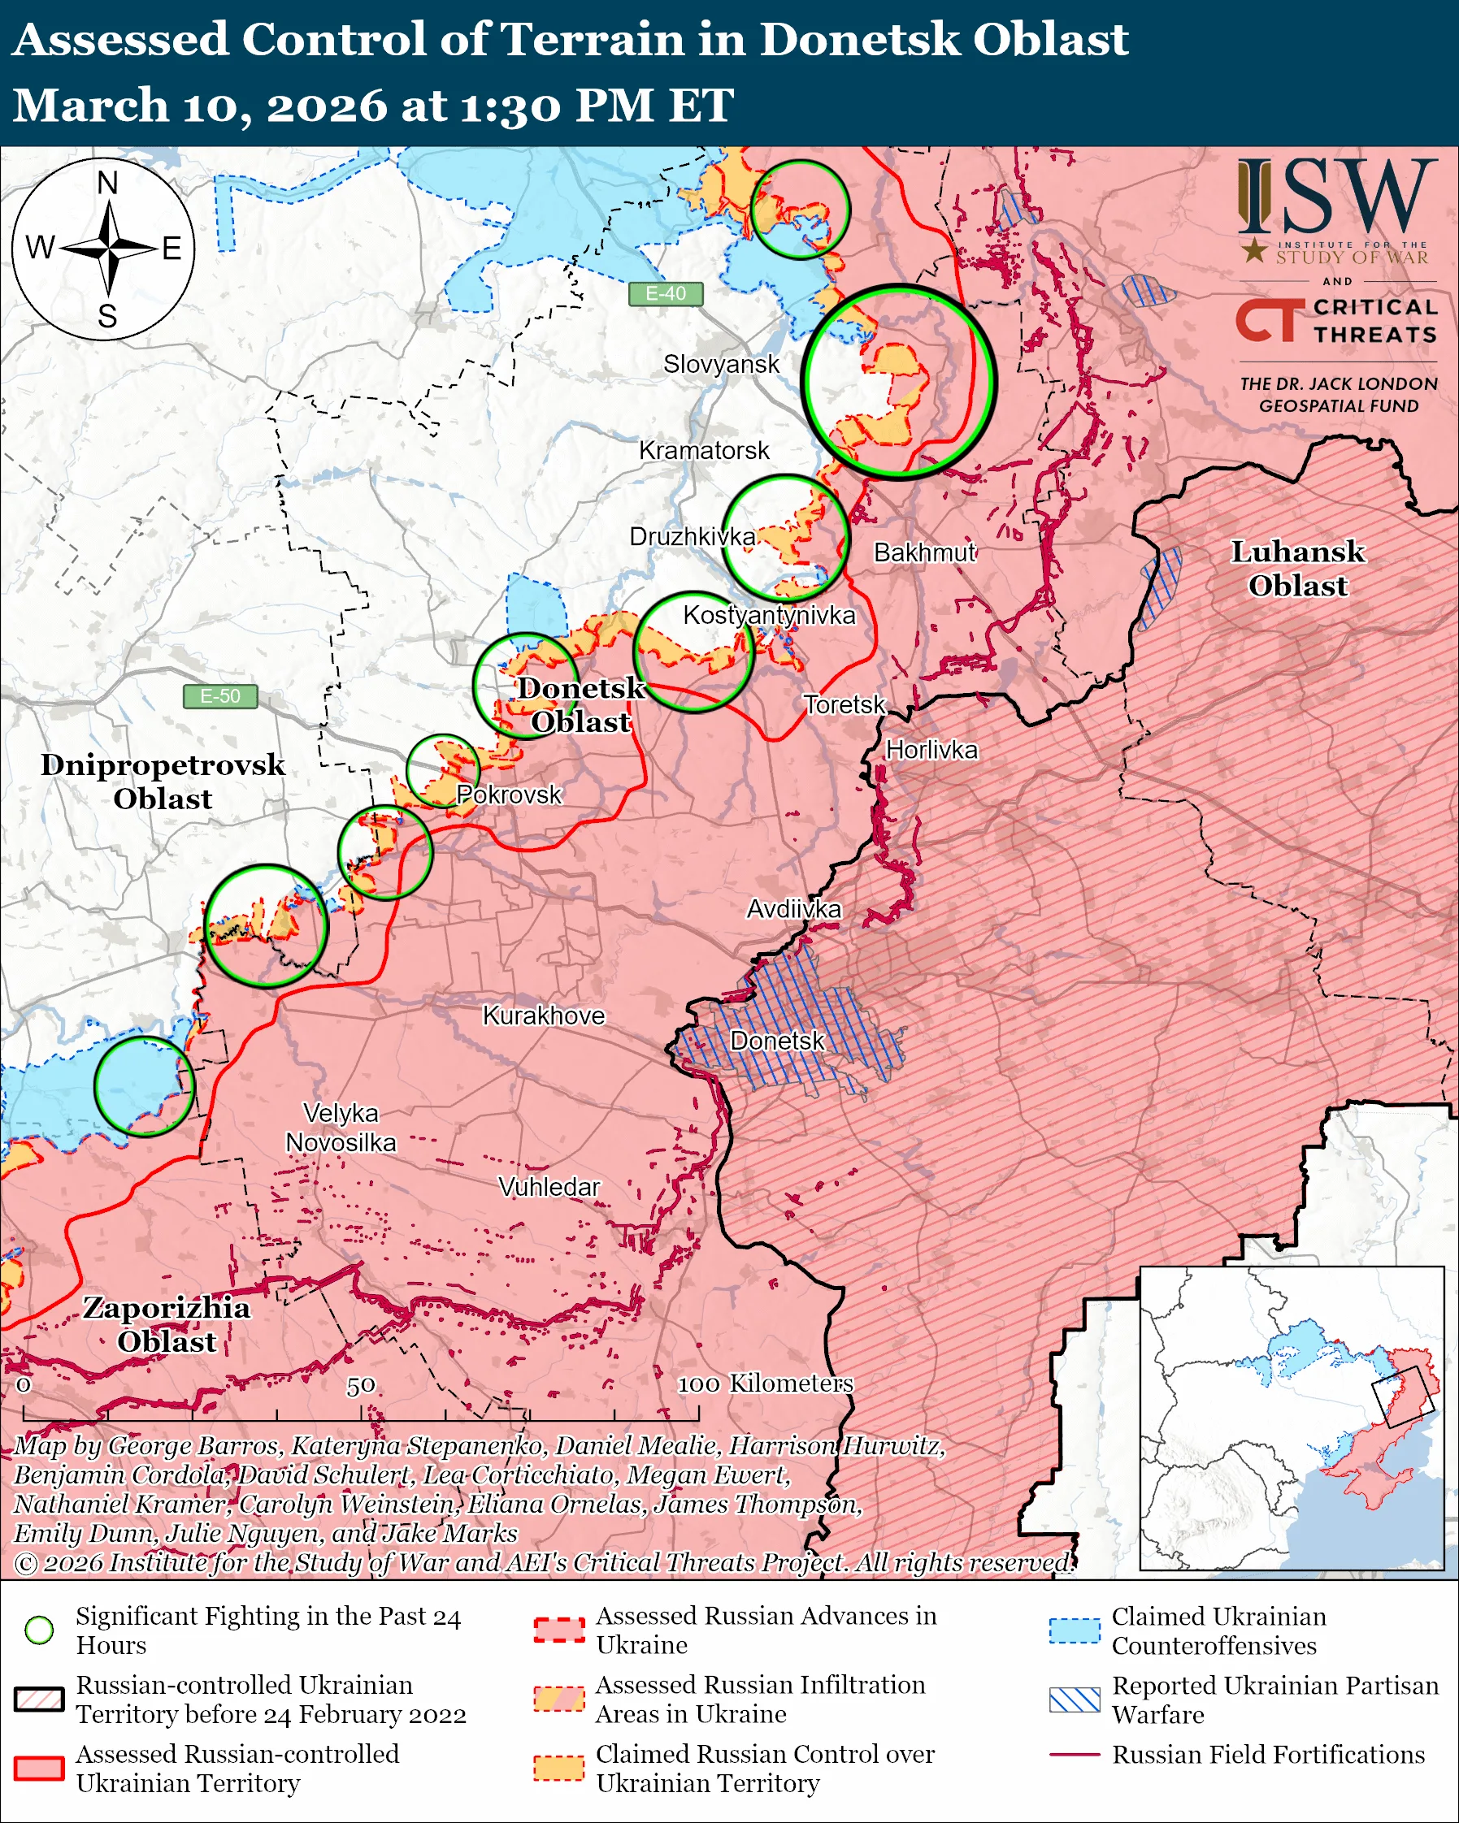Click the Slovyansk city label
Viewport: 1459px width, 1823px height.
[x=721, y=365]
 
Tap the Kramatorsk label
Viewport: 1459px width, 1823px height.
[x=704, y=451]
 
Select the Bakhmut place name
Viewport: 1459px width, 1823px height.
[x=924, y=553]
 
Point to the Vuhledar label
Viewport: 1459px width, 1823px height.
[x=549, y=1187]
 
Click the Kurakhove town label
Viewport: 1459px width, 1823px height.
[x=544, y=1015]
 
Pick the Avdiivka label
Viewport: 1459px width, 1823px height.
[x=793, y=909]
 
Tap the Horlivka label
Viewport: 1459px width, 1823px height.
[x=931, y=750]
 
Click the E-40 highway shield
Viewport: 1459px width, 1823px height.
[x=666, y=293]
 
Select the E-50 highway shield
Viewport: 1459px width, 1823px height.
[x=220, y=696]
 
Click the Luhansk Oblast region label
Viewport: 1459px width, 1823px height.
[x=1297, y=568]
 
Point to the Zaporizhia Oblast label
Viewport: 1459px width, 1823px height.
[x=167, y=1324]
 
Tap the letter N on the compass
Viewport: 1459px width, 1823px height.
[x=107, y=183]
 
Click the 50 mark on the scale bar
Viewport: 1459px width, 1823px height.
[x=361, y=1386]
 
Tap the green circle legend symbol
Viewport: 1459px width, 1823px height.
[x=40, y=1630]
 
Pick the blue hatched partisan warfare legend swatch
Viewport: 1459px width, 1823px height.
[x=1075, y=1700]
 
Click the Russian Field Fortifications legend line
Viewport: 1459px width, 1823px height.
[x=1075, y=1755]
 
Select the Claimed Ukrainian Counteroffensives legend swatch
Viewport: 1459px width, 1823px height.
[x=1075, y=1630]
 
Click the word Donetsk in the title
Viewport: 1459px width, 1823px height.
[x=858, y=40]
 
